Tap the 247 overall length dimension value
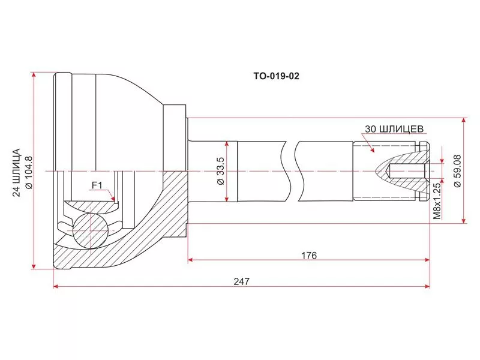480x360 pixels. click(241, 281)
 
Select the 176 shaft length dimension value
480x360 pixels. click(308, 255)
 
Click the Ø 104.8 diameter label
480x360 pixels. click(28, 172)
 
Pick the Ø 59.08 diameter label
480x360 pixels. click(457, 171)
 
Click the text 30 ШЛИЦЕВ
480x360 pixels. click(395, 128)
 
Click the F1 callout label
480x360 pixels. click(97, 185)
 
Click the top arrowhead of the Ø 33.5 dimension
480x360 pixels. click(227, 144)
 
